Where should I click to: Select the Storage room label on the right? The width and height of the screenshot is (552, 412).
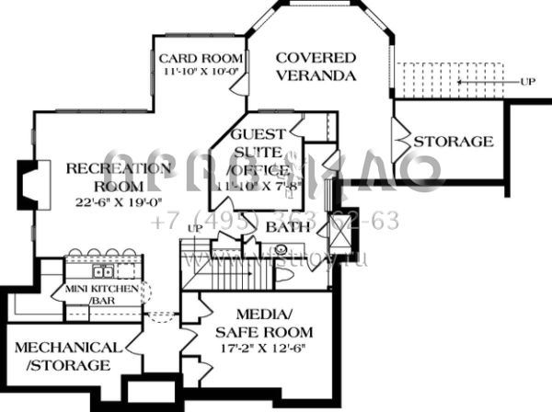coord(453,142)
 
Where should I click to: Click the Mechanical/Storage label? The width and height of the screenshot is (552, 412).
coord(67,357)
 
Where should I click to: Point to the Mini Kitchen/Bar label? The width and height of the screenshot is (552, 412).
coord(101,294)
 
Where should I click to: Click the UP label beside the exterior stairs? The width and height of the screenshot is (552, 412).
coord(527,83)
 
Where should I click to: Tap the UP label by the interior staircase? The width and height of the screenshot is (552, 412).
coord(194,228)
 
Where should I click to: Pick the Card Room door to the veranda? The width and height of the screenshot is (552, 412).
coord(237,84)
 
